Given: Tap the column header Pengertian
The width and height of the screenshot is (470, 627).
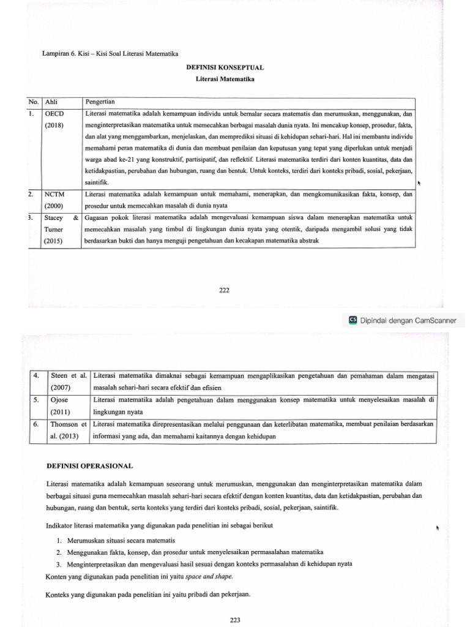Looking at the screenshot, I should coord(102,102).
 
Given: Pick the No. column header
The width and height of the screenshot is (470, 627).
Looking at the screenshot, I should coord(33,102).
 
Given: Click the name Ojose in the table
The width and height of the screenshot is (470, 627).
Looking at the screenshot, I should coord(58,400).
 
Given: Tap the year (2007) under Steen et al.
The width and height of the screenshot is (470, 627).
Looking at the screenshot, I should coord(59,388).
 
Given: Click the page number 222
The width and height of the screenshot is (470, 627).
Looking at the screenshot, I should coord(224,290).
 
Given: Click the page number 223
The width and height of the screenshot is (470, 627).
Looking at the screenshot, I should coord(235,620).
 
